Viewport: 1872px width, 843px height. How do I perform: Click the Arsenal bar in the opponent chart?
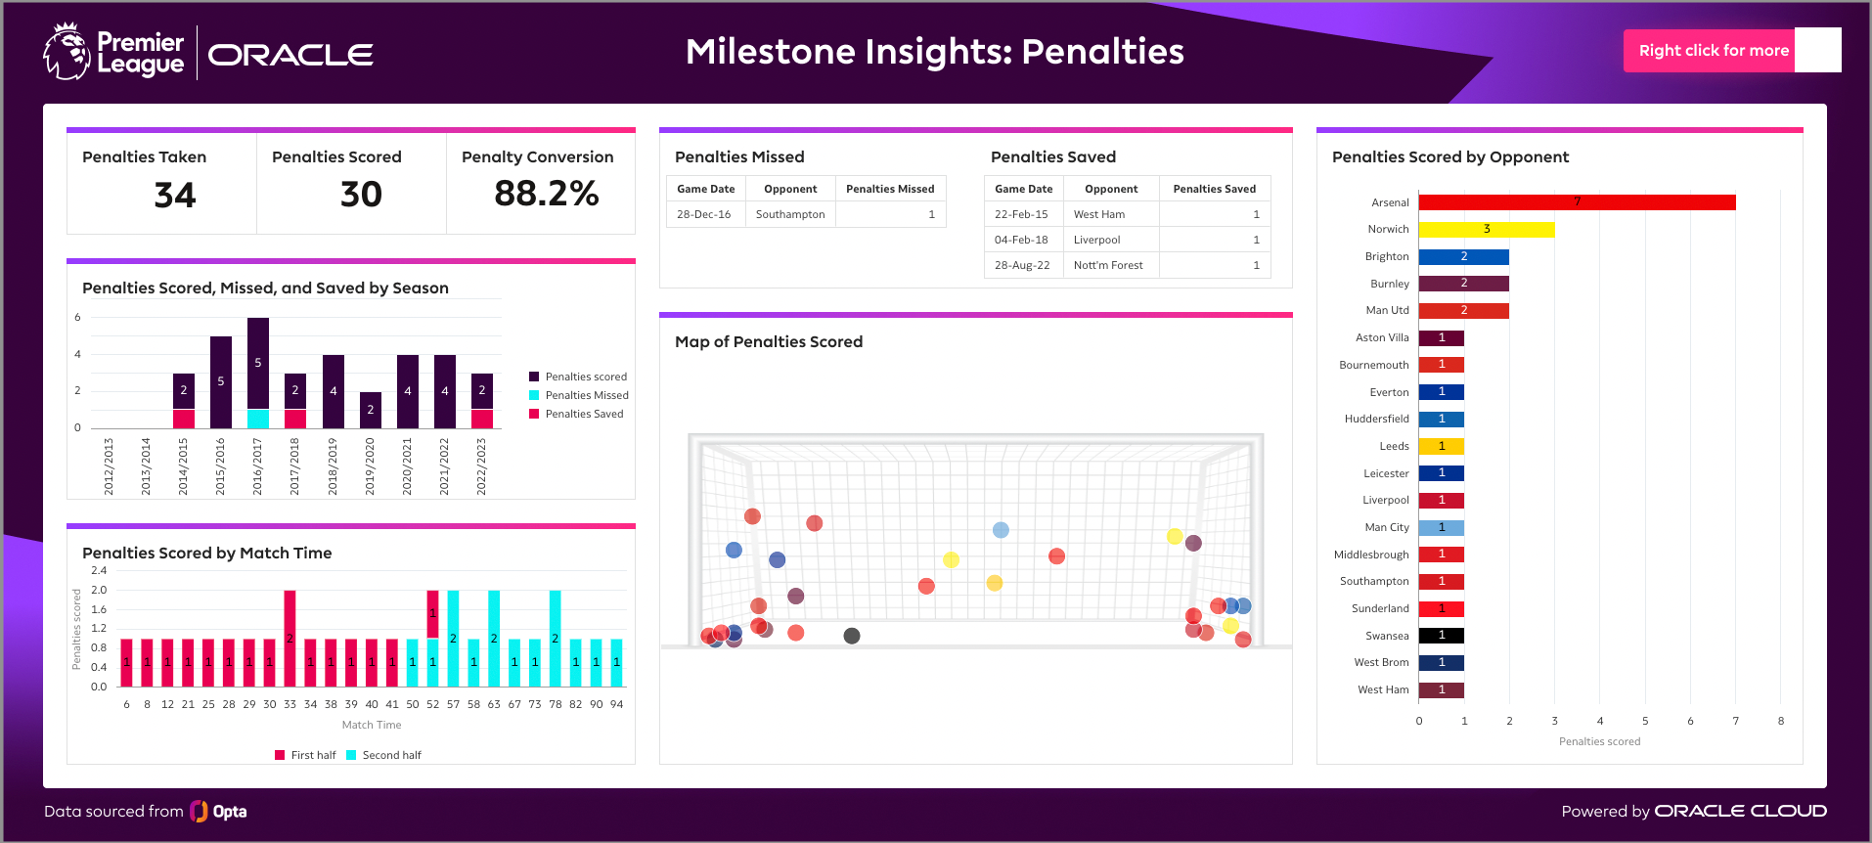click(x=1577, y=202)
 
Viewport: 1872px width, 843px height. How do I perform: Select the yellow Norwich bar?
click(x=1486, y=230)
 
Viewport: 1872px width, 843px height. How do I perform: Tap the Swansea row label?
click(x=1387, y=636)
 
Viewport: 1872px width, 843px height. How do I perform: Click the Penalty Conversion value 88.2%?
click(x=546, y=194)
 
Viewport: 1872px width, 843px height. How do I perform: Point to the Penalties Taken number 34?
click(x=175, y=195)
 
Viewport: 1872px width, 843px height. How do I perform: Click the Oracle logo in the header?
click(x=290, y=55)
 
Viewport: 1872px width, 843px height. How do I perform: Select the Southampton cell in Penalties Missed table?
click(x=790, y=214)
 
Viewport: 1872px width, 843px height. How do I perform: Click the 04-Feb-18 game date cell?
click(x=1021, y=240)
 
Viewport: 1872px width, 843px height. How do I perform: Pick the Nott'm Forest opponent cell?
click(x=1108, y=265)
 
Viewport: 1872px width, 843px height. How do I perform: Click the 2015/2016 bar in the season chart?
click(x=221, y=381)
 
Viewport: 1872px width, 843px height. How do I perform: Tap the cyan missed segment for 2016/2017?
click(x=258, y=419)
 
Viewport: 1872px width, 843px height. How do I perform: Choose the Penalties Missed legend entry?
click(x=586, y=395)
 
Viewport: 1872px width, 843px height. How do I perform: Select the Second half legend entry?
click(x=390, y=755)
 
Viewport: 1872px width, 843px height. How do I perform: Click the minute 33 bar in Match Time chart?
click(x=290, y=638)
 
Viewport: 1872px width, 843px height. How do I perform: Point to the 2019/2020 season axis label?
click(x=370, y=466)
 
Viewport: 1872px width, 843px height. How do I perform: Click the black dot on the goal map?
click(x=852, y=636)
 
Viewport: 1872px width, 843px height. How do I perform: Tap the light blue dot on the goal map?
click(x=1001, y=530)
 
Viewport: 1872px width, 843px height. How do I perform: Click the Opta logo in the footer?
click(x=218, y=812)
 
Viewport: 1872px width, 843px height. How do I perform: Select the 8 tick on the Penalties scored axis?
click(x=1780, y=721)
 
